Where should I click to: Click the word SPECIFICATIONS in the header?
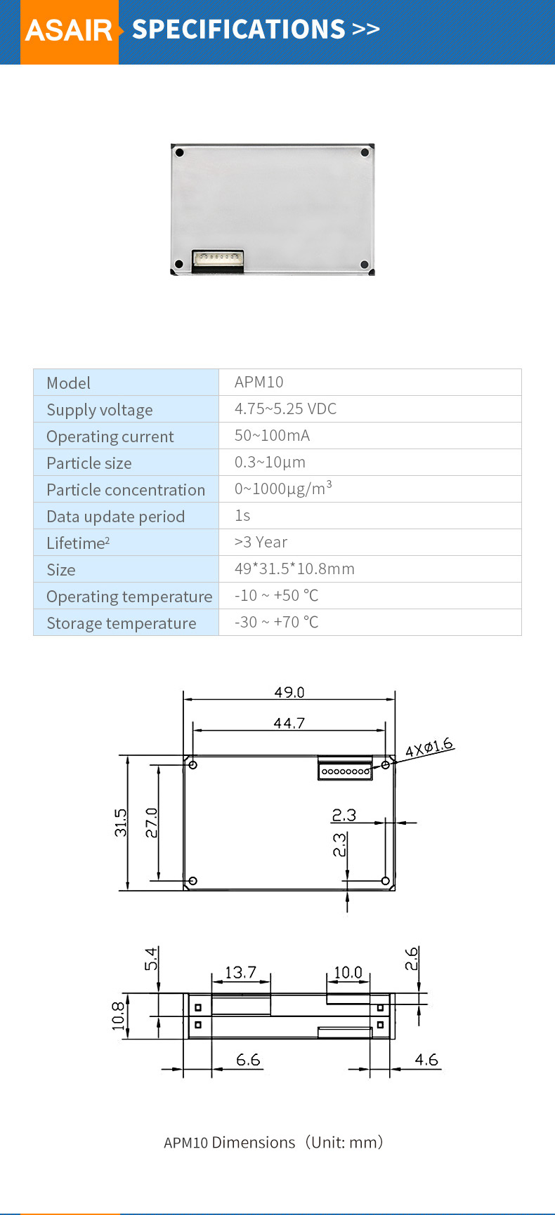(238, 29)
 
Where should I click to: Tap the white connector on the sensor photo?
(218, 261)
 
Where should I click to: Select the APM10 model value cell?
(259, 382)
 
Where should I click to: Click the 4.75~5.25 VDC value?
(285, 409)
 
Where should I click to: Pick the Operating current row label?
(110, 437)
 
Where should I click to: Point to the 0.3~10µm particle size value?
(270, 462)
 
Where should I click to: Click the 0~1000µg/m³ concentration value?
(282, 489)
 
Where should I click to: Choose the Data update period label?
(115, 517)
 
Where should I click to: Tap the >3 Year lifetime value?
(261, 542)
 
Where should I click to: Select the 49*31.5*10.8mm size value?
(294, 569)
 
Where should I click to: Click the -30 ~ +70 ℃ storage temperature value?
(276, 622)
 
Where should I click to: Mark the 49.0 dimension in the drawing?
(289, 692)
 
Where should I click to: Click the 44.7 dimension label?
(289, 723)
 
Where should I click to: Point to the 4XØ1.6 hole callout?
(429, 748)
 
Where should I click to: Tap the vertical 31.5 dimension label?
(121, 823)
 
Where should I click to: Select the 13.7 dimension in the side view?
(240, 972)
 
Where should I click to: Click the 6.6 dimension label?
(247, 1059)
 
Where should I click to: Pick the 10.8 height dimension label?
(117, 1016)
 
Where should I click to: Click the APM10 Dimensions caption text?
(274, 1142)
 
